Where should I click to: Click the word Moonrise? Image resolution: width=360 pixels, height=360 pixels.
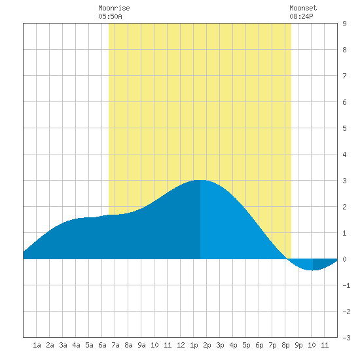(x=114, y=8)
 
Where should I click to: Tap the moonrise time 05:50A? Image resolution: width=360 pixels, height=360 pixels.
(x=110, y=16)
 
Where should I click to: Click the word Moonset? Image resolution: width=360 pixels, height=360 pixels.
(x=303, y=8)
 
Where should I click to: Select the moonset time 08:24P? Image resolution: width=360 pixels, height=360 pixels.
(x=301, y=16)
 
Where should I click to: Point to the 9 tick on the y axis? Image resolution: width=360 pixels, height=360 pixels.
(x=344, y=24)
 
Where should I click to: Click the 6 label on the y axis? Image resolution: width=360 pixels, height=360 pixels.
(x=344, y=102)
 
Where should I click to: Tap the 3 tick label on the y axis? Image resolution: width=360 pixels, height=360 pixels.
(x=344, y=181)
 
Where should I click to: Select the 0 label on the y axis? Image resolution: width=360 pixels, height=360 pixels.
(x=344, y=259)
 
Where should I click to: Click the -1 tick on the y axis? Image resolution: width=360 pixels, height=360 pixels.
(x=346, y=285)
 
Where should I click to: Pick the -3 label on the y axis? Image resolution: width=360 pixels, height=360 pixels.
(x=346, y=338)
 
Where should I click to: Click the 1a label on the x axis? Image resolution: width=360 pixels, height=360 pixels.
(x=37, y=345)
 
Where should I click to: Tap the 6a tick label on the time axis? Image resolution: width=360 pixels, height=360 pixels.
(x=102, y=345)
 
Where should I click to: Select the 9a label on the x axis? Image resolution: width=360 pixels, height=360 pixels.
(x=141, y=345)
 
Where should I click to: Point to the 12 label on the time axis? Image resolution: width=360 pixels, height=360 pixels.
(x=181, y=345)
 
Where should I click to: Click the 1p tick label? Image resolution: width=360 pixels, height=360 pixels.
(x=194, y=345)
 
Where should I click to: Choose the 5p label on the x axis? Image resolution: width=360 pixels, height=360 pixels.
(x=246, y=345)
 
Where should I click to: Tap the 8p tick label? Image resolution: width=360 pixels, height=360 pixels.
(x=285, y=345)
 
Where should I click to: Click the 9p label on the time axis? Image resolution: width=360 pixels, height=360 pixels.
(x=298, y=345)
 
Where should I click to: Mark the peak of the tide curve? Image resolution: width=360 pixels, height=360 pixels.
(x=200, y=180)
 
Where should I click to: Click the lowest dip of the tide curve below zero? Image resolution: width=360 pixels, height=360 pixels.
(x=313, y=270)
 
